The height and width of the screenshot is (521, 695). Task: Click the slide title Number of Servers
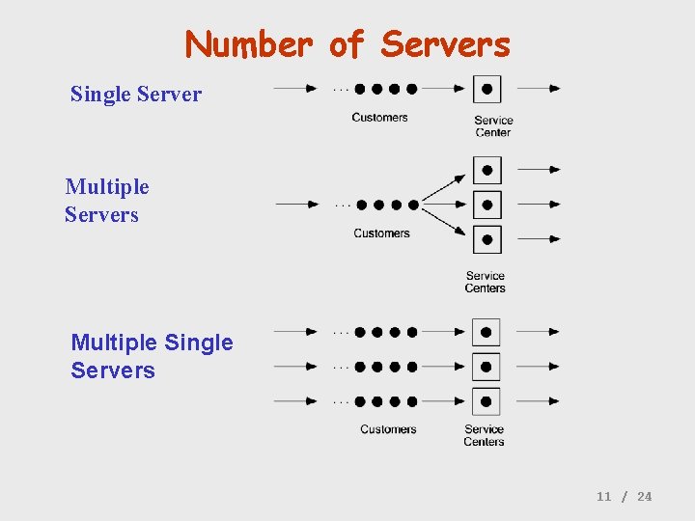pyautogui.click(x=347, y=44)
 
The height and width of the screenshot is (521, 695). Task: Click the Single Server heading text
pyautogui.click(x=136, y=95)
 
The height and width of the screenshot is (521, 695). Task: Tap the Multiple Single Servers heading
pyautogui.click(x=152, y=356)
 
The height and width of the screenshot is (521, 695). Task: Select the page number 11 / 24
pyautogui.click(x=624, y=496)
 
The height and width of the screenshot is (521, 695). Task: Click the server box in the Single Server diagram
pyautogui.click(x=486, y=89)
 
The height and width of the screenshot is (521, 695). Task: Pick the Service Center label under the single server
pyautogui.click(x=493, y=126)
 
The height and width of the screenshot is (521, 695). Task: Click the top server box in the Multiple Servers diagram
pyautogui.click(x=487, y=170)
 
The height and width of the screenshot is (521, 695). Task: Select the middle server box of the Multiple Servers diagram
pyautogui.click(x=487, y=205)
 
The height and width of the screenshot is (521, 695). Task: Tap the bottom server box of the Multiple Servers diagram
pyautogui.click(x=487, y=238)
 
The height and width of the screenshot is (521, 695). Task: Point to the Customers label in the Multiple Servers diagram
pyautogui.click(x=381, y=233)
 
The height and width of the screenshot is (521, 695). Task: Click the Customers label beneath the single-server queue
pyautogui.click(x=379, y=118)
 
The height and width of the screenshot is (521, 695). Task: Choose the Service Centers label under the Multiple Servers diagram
pyautogui.click(x=485, y=282)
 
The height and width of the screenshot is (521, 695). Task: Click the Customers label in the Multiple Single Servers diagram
pyautogui.click(x=388, y=429)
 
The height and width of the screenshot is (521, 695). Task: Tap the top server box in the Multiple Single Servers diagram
pyautogui.click(x=486, y=332)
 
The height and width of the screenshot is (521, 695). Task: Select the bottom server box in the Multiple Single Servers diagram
pyautogui.click(x=486, y=400)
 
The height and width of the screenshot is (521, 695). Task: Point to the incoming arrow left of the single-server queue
pyautogui.click(x=296, y=89)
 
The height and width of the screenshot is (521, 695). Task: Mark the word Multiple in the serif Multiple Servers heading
pyautogui.click(x=107, y=186)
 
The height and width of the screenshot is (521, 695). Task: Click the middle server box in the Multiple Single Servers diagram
pyautogui.click(x=486, y=367)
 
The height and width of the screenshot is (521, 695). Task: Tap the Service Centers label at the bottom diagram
pyautogui.click(x=484, y=435)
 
